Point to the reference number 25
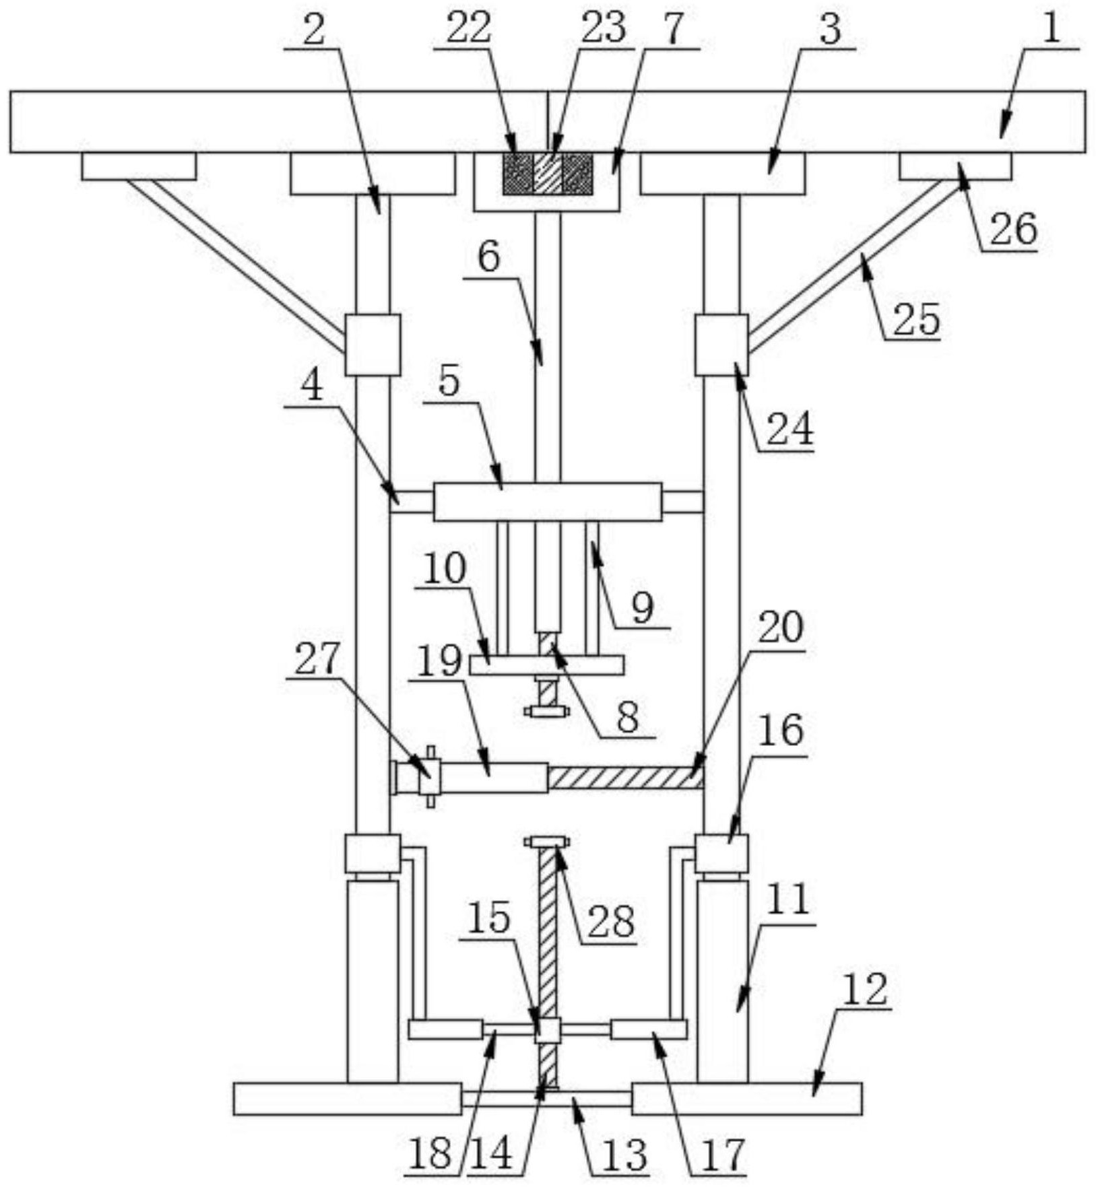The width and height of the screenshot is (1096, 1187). pos(916,320)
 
